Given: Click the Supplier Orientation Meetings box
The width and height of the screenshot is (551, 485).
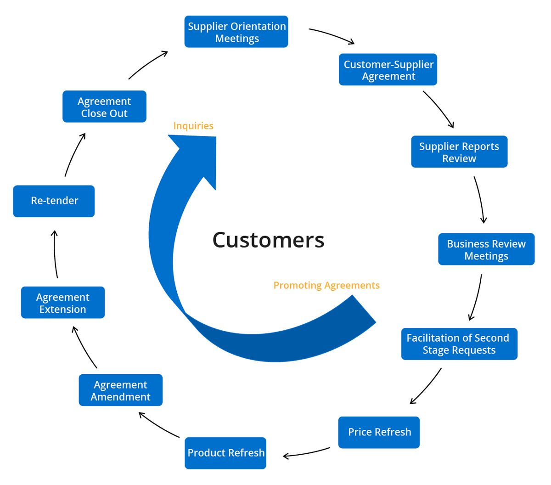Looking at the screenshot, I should click(x=236, y=32).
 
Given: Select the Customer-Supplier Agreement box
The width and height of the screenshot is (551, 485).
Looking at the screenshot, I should click(x=388, y=70).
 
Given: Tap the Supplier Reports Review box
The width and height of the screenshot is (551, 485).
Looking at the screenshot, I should click(x=459, y=152).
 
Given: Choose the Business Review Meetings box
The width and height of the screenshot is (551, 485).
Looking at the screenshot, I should click(x=486, y=249).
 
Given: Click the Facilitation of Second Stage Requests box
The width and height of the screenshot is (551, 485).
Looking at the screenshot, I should click(x=459, y=344).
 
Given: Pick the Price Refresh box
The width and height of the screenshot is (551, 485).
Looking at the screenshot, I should click(x=379, y=432).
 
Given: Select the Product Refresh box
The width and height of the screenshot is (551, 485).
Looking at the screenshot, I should click(x=225, y=453).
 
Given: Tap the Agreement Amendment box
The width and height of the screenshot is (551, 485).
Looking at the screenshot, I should click(x=120, y=390).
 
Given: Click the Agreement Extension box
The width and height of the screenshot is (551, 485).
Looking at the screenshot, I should click(x=63, y=303).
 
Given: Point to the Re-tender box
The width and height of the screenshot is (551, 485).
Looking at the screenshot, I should click(x=54, y=201).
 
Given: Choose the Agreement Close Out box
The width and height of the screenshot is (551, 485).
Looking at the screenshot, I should click(x=104, y=107).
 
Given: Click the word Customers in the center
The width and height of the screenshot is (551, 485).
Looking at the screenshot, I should click(x=268, y=240).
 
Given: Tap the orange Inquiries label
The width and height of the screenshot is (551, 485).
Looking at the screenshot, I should click(x=193, y=126).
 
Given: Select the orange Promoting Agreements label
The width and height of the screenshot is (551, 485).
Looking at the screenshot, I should click(x=326, y=285).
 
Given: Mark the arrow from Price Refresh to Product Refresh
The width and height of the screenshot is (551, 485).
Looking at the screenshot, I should click(x=306, y=453).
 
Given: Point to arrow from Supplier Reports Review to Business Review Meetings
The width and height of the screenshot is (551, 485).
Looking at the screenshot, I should click(x=479, y=200).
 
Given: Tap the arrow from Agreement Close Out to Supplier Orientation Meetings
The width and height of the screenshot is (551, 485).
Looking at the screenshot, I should click(x=148, y=64).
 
